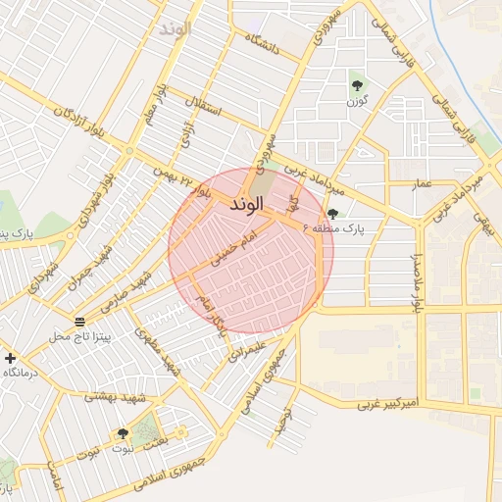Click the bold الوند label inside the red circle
tap(247, 207)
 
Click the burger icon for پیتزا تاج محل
tap(78, 322)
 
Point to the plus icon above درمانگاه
tap(11, 359)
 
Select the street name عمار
tap(421, 183)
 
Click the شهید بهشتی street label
tap(114, 397)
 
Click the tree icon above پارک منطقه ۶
tap(333, 214)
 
